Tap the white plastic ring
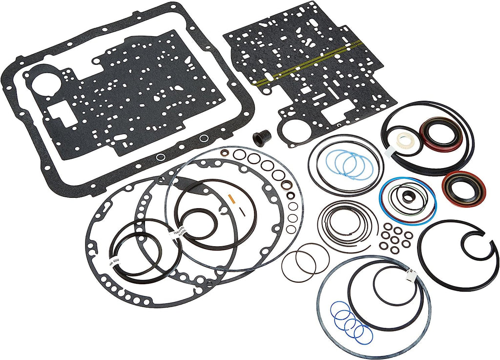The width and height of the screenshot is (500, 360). (405, 141)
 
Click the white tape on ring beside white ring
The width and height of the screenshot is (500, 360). (389, 152)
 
